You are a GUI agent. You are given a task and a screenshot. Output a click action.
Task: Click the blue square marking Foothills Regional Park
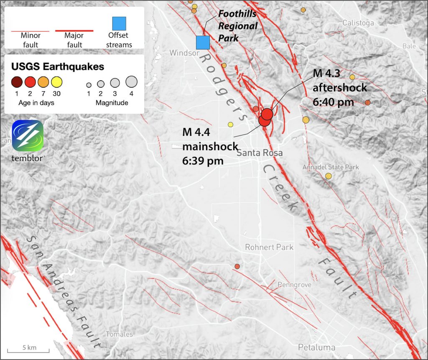point(203,43)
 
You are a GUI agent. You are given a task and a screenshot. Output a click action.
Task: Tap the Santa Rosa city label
point(260,153)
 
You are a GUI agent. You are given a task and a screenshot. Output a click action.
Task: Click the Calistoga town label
point(358,23)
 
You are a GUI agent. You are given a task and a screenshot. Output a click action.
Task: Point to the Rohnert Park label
point(269,247)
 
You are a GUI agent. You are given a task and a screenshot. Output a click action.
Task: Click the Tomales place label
point(119,334)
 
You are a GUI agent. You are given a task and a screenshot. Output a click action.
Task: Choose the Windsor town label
point(184,53)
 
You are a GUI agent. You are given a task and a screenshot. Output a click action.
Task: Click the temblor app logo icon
point(28,136)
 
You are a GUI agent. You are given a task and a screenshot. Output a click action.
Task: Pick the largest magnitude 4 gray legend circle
point(132,82)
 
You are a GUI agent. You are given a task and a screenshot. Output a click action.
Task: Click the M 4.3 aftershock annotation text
point(340,88)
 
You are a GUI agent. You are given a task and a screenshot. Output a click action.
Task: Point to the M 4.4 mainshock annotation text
point(210,146)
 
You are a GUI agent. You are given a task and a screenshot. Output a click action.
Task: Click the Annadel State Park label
point(331,167)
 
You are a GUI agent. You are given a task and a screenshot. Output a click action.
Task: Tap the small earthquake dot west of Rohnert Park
point(237,266)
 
